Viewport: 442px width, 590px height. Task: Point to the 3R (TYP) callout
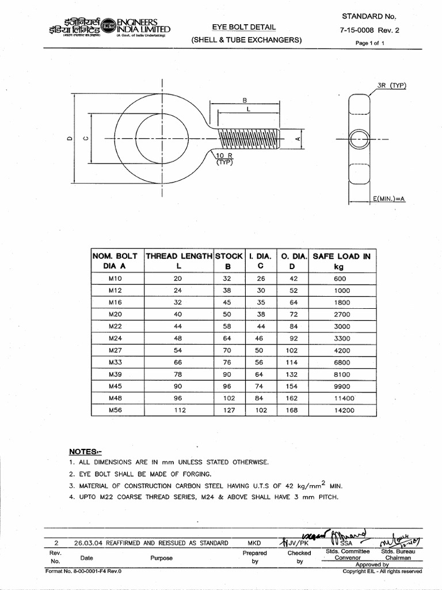[391, 86]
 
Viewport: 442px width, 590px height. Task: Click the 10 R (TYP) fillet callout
[224, 159]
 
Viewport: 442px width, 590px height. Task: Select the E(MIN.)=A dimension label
[389, 199]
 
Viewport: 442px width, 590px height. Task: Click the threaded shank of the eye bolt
[249, 139]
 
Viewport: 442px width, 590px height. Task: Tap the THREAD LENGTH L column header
[178, 261]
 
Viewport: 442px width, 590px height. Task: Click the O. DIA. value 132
[292, 375]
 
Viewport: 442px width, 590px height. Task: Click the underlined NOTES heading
[85, 451]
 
